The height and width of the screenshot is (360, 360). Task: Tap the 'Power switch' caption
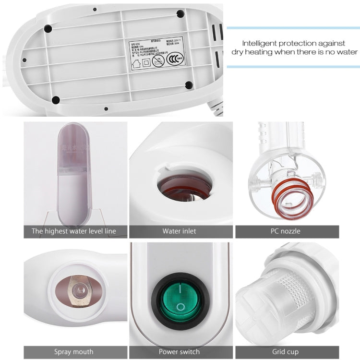[180, 352]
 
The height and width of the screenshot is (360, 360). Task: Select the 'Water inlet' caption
[179, 231]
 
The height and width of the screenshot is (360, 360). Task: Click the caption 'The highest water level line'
[74, 231]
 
